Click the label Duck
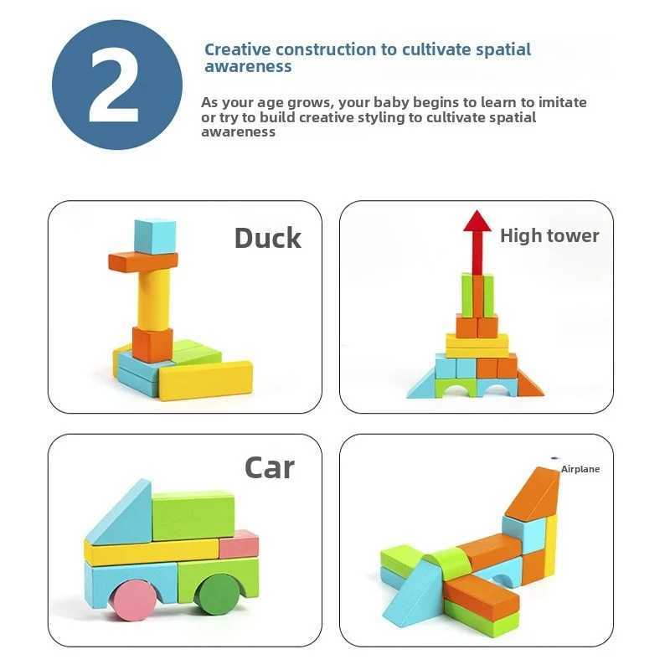tap(267, 238)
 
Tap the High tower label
tap(549, 236)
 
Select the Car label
tap(269, 467)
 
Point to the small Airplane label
tap(580, 470)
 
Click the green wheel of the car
tap(219, 592)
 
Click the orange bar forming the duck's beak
tap(142, 261)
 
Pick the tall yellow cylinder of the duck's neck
tap(154, 299)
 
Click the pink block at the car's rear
tap(239, 545)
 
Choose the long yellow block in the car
tap(151, 552)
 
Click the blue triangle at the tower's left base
tap(422, 385)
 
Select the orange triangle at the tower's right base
tap(529, 384)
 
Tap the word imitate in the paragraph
tap(560, 102)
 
